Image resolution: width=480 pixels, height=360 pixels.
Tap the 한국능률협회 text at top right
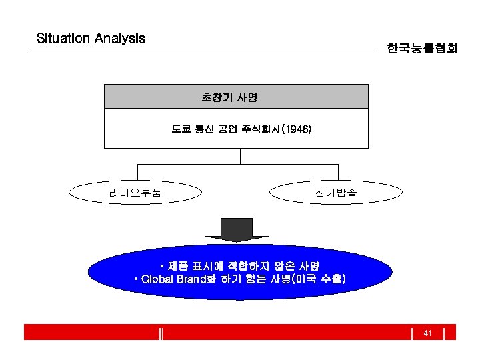point(421,49)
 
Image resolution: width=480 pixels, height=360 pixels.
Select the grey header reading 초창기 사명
point(236,97)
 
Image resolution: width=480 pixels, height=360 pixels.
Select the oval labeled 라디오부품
point(135,193)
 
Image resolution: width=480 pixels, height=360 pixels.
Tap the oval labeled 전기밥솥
point(335,193)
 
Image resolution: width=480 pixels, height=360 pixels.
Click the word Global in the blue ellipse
point(157,279)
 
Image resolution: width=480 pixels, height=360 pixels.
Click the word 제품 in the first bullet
point(178,265)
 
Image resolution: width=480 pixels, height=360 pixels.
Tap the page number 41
point(428,333)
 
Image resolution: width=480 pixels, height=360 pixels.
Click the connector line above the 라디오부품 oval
point(137,173)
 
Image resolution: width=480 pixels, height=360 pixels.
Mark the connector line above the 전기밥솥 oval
point(337,173)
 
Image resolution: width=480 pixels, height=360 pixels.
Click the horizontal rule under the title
point(200,51)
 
